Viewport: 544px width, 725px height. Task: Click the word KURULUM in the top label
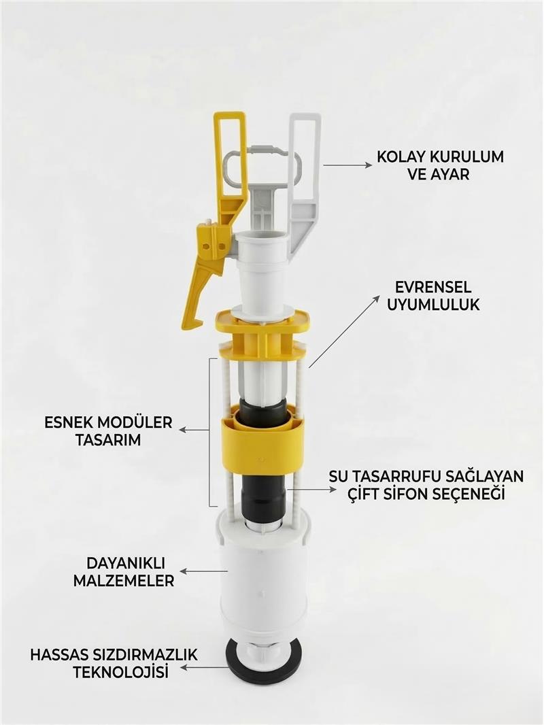[467, 156]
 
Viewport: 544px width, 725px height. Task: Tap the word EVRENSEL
[433, 287]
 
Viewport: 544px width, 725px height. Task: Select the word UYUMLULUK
[433, 305]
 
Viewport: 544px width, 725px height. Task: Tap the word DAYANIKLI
[126, 563]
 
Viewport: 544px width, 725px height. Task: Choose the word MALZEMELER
[124, 581]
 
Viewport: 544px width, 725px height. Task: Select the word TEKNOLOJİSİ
[120, 672]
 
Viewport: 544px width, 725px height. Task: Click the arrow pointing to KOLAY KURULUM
[347, 165]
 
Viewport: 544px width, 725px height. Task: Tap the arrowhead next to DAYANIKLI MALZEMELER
[182, 572]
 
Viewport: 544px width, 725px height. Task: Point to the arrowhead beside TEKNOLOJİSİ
[183, 668]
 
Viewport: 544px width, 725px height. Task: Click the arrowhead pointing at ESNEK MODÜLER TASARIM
[182, 430]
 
